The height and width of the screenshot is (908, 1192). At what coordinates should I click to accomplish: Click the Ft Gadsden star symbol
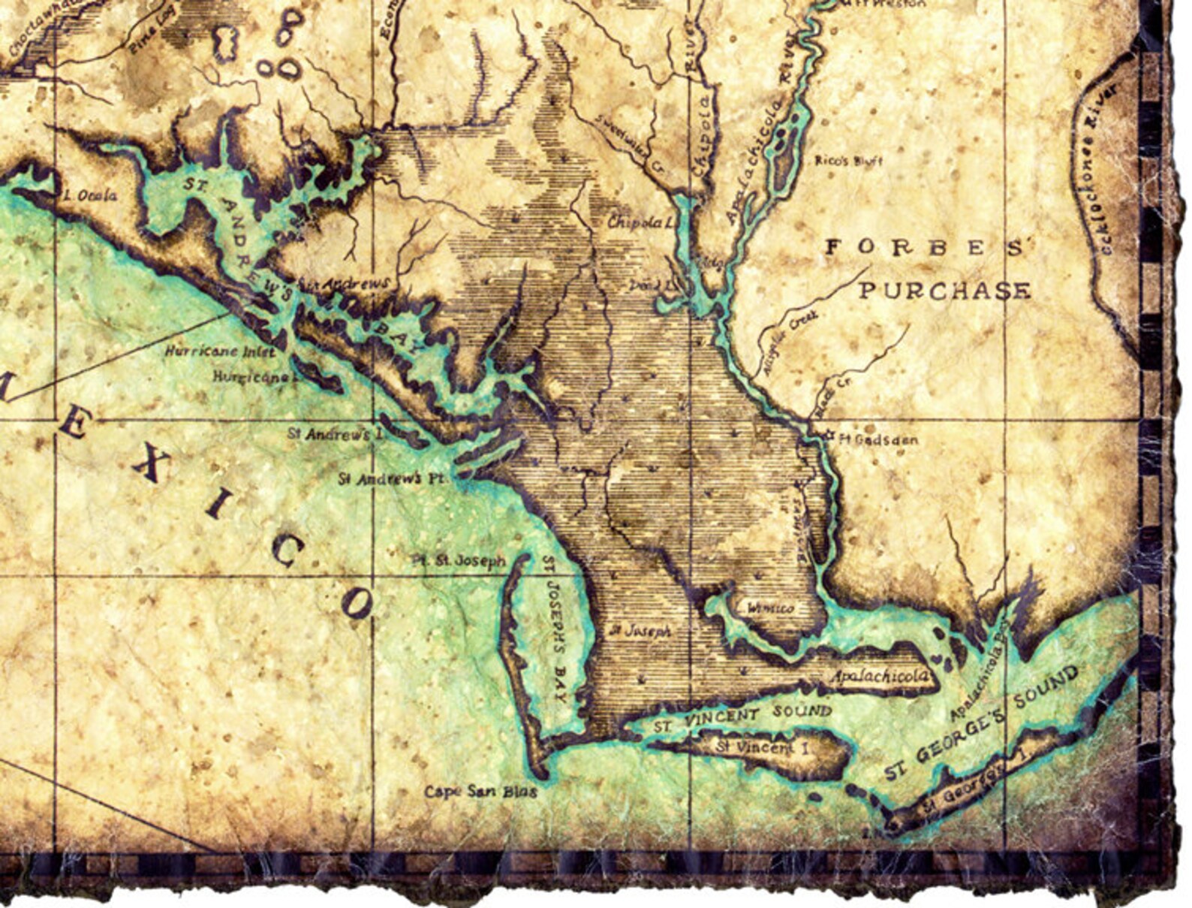(829, 435)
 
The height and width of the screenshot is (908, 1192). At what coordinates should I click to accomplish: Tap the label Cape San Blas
(480, 792)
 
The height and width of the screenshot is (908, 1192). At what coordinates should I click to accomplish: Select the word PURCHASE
(944, 291)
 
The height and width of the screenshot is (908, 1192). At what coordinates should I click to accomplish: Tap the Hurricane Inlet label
(220, 351)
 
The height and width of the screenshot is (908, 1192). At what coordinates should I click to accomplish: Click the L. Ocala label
(89, 195)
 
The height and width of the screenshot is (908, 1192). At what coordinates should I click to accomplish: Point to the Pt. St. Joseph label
(459, 561)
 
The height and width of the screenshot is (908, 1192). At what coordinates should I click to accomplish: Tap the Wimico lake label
(770, 608)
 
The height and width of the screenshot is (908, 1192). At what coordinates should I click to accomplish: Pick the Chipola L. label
(637, 222)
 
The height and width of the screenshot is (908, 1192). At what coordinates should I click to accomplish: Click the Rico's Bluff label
(849, 161)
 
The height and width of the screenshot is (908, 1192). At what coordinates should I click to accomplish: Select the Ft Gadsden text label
(877, 439)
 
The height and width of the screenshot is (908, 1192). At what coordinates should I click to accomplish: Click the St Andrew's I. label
(330, 434)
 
